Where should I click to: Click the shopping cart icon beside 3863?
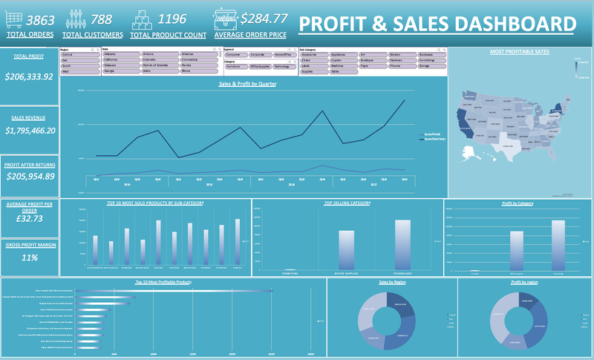[x=15, y=20]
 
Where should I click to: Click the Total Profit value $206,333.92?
[x=30, y=76]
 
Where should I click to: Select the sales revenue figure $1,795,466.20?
[x=30, y=131]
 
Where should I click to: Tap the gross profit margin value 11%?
[x=30, y=258]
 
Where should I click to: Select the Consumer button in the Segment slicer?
[x=235, y=55]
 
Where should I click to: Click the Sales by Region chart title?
[x=385, y=284]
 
